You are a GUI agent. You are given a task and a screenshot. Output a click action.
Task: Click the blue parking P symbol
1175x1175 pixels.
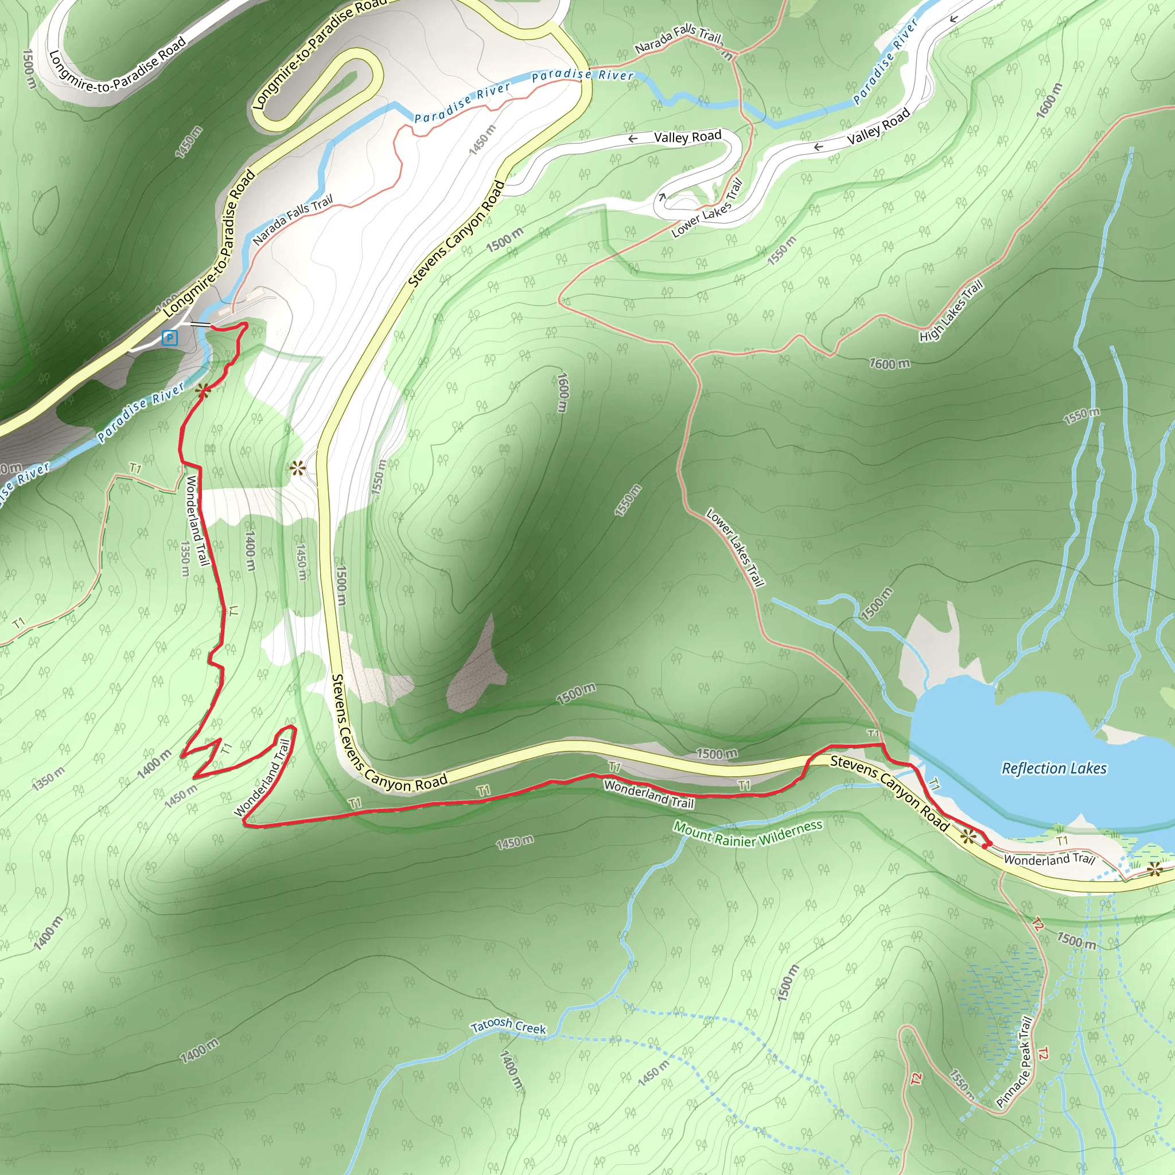(170, 337)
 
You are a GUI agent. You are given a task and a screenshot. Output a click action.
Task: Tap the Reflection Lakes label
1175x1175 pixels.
(1054, 769)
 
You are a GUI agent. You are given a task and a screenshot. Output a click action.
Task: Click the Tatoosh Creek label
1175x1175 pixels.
(508, 1026)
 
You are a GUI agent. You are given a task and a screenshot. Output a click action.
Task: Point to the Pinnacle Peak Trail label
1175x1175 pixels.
(1014, 1061)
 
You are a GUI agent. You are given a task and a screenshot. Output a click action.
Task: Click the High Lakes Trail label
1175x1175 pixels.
(951, 311)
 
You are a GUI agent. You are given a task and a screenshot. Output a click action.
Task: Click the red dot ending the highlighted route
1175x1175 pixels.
(984, 845)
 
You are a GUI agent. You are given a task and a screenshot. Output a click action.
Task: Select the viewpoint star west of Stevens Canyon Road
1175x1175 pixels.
(297, 468)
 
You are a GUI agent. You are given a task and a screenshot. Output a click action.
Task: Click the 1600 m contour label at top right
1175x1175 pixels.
(1049, 100)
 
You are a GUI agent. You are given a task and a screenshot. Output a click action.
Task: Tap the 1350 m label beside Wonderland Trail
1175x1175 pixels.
(185, 559)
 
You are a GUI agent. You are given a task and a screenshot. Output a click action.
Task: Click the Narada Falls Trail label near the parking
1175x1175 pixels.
(293, 220)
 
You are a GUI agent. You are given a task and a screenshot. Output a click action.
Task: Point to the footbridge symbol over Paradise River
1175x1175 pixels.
(200, 325)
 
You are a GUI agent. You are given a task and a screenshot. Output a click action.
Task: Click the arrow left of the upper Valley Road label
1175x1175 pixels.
(632, 139)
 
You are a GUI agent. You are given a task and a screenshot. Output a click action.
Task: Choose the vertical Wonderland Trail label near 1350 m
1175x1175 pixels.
(197, 520)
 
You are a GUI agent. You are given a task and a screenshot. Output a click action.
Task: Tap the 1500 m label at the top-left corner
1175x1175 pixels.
(29, 68)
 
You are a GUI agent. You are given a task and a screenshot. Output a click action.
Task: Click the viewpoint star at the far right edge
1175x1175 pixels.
(1154, 870)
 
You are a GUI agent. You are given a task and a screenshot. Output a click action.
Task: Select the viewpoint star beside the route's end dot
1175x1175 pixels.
(968, 838)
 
